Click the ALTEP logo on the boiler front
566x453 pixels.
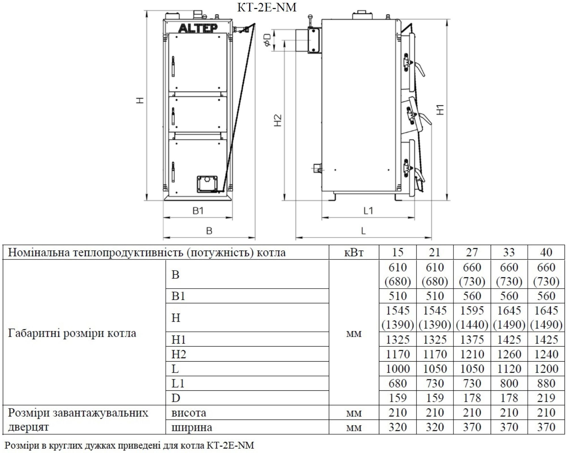pyautogui.click(x=198, y=28)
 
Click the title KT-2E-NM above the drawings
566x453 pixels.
pyautogui.click(x=267, y=7)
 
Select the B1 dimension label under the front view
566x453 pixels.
pyautogui.click(x=198, y=211)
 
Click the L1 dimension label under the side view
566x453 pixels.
pyautogui.click(x=368, y=211)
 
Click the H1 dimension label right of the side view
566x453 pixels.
pyautogui.click(x=440, y=110)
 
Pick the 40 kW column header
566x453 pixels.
pyautogui.click(x=546, y=252)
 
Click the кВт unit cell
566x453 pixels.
pyautogui.click(x=354, y=252)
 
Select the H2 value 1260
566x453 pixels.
pyautogui.click(x=509, y=354)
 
